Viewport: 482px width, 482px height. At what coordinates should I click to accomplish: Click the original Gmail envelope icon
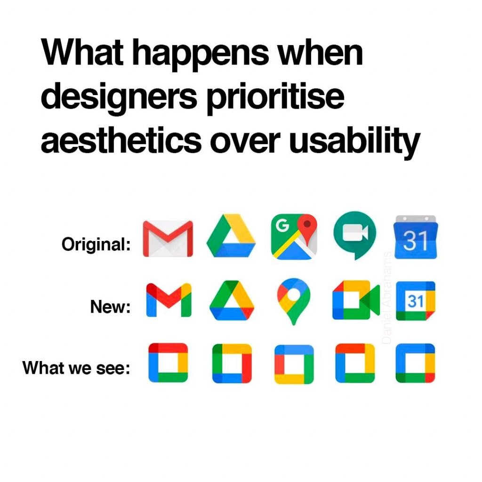168,239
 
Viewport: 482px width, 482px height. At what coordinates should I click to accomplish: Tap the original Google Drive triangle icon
231,235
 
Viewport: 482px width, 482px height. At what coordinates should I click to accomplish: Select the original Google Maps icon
294,237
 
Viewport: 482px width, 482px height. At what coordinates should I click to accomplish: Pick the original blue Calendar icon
416,237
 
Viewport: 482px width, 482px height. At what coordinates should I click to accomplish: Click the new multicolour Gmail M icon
169,300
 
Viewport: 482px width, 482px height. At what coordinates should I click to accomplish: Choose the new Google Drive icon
232,300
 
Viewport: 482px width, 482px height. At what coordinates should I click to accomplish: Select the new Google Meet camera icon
356,300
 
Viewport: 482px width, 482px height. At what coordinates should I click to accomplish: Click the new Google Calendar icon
416,301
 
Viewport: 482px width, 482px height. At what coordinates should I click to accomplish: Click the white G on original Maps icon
282,225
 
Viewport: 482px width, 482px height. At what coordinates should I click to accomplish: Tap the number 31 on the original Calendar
416,241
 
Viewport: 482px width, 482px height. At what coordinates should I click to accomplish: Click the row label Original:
96,245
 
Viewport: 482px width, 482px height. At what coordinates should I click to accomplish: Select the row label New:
110,306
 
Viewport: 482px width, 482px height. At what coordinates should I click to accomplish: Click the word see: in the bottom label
113,368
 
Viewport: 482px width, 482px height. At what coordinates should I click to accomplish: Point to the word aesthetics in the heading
121,140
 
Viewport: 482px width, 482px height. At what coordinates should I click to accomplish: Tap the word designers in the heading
119,98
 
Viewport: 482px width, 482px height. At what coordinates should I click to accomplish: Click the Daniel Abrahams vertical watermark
388,297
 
